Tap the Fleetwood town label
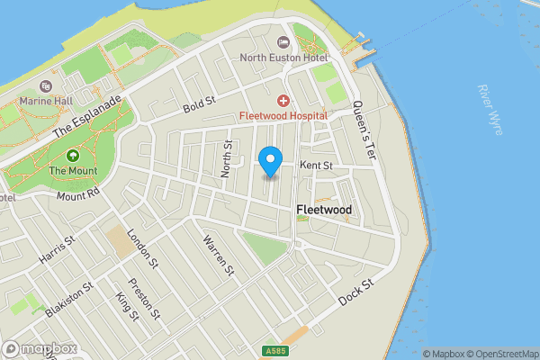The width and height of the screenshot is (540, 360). coord(323,210)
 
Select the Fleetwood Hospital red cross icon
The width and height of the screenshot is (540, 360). coord(283,100)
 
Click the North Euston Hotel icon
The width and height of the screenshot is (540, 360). coord(283,42)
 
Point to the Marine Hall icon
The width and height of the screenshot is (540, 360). coord(47,86)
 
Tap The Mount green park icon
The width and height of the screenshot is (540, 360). coord(72,155)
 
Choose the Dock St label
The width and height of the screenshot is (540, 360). coord(355,292)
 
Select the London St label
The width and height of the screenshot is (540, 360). coord(142,247)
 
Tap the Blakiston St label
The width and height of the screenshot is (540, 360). coord(68,300)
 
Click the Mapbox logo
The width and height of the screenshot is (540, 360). coord(39,348)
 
